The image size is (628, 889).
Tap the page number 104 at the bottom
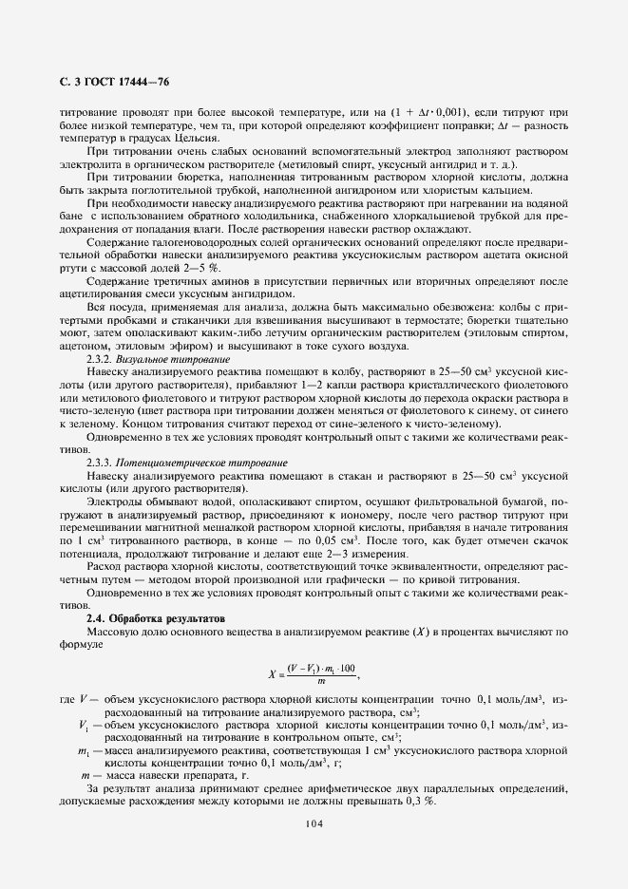click(314, 823)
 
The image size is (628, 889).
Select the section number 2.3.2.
click(100, 361)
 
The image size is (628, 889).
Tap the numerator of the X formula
click(314, 669)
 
